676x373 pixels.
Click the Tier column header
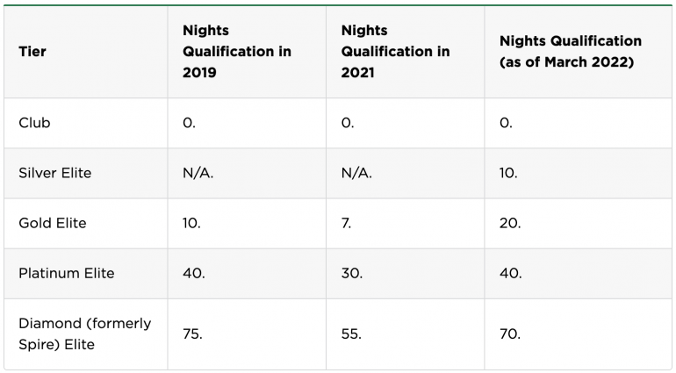(x=32, y=52)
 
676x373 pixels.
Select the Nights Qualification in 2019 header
(x=236, y=52)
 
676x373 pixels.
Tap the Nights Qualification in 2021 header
(x=395, y=52)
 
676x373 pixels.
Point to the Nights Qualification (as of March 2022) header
(x=570, y=52)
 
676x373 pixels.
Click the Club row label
(x=34, y=123)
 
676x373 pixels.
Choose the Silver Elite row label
(x=54, y=173)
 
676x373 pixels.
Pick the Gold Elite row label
(x=53, y=223)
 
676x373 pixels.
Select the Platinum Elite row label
(x=67, y=273)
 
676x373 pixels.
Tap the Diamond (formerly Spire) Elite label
(x=84, y=334)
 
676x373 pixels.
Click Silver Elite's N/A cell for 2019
(x=198, y=173)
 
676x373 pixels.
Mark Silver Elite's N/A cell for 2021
(x=356, y=173)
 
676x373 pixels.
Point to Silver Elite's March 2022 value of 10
(x=508, y=173)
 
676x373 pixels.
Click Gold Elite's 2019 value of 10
(x=191, y=223)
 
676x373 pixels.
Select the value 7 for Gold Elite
(x=346, y=223)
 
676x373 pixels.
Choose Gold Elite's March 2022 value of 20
(x=510, y=223)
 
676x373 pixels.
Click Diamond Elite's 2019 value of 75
(x=192, y=334)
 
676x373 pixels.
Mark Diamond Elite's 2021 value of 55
(x=351, y=334)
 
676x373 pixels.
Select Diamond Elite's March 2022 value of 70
(x=509, y=334)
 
